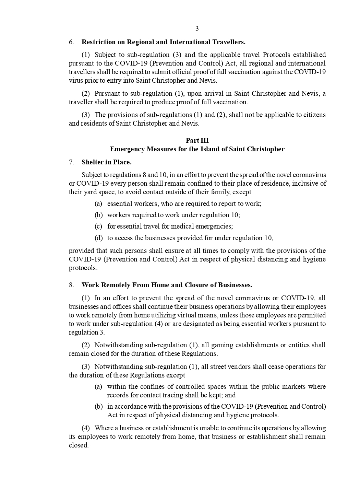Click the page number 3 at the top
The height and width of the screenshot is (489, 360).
(197, 29)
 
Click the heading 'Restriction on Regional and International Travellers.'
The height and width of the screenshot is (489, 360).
(163, 42)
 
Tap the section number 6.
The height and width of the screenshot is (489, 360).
(71, 42)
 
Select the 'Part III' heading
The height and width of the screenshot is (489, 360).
(197, 140)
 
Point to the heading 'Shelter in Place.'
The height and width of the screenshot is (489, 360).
(106, 162)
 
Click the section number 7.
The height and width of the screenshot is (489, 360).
(71, 162)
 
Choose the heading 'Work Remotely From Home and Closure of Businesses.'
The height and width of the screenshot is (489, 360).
(167, 285)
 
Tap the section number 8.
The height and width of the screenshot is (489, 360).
(71, 285)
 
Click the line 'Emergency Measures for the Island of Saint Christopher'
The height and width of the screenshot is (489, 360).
(197, 149)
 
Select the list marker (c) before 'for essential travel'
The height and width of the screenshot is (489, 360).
(98, 226)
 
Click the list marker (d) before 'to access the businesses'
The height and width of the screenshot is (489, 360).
(98, 238)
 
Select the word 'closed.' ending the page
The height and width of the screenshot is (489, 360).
(79, 445)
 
